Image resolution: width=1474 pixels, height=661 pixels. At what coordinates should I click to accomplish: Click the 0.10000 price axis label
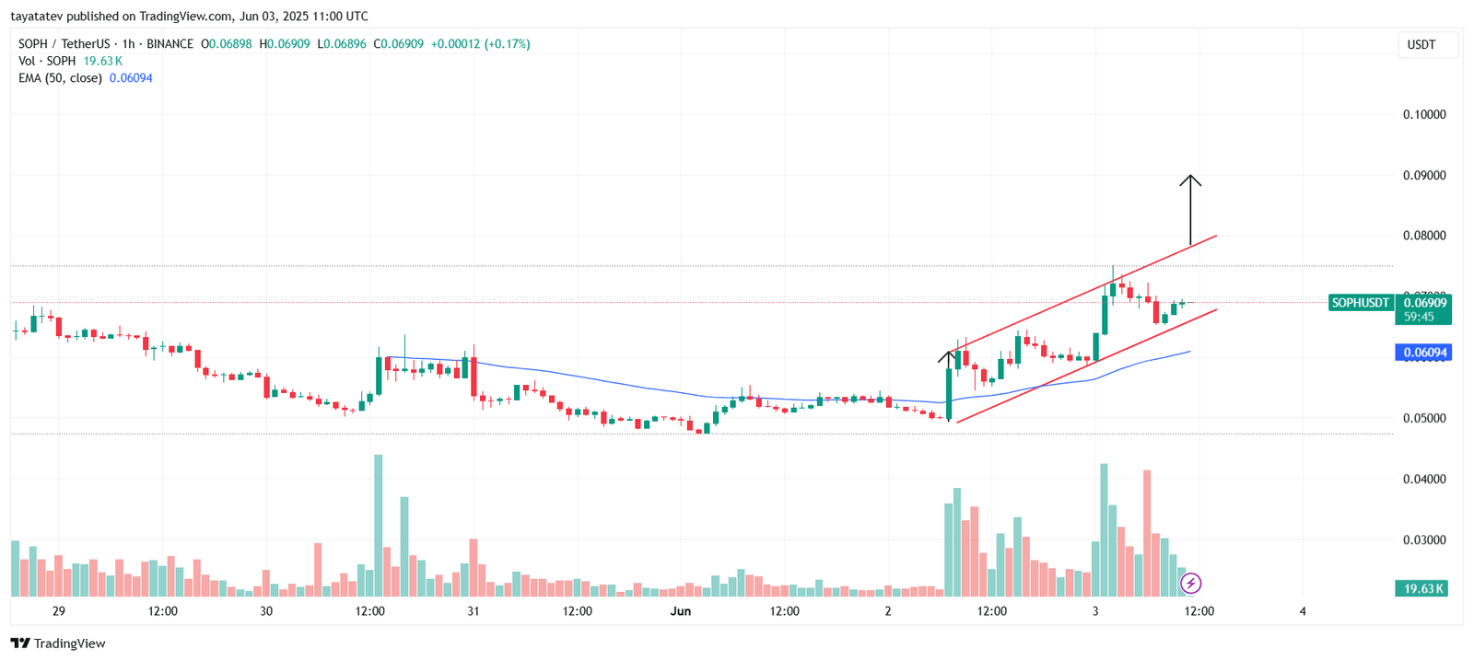tap(1424, 115)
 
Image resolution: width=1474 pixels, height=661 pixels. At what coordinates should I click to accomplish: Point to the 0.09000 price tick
tap(1424, 176)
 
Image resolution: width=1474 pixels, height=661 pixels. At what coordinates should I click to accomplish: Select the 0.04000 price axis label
tap(1424, 480)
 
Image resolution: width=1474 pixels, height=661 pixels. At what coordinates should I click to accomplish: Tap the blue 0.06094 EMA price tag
tap(1423, 353)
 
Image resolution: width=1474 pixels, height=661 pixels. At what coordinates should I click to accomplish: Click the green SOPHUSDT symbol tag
tap(1360, 303)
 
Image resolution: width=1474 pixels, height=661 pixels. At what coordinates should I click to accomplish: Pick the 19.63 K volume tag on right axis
tap(1423, 588)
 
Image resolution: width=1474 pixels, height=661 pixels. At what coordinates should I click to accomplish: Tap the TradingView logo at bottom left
tap(58, 644)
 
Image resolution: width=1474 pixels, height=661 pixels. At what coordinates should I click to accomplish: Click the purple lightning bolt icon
tap(1191, 583)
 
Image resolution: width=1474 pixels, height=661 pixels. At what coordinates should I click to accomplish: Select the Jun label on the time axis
tap(681, 611)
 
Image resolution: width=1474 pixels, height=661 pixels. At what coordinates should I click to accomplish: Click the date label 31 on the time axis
tap(474, 611)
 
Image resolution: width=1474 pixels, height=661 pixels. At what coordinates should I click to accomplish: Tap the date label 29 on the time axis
tap(59, 611)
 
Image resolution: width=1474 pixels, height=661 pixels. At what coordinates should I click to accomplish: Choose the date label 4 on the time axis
tap(1303, 611)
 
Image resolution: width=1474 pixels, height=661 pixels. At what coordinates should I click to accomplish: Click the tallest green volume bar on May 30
tap(378, 525)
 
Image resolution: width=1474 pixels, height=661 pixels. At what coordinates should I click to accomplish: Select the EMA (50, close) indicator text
tap(60, 78)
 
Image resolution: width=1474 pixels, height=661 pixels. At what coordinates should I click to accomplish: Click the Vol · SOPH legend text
tap(47, 61)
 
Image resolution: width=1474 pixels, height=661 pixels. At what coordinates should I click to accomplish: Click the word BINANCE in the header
tap(170, 44)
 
